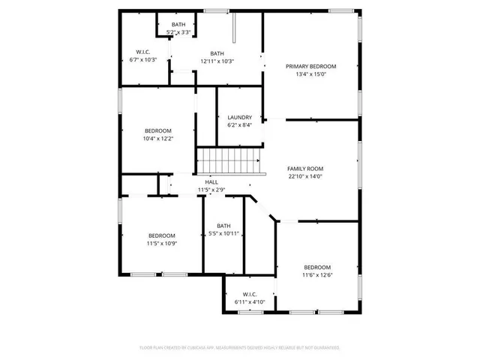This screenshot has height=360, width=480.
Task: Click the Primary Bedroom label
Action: click(310, 66)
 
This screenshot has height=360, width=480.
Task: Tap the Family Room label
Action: click(305, 169)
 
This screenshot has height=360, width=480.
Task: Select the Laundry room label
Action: click(239, 117)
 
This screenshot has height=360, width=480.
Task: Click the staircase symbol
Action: click(228, 160)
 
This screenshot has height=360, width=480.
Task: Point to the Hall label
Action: click(211, 182)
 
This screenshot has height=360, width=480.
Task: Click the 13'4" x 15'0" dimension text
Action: click(310, 74)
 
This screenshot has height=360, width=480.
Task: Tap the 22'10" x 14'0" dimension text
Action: click(304, 177)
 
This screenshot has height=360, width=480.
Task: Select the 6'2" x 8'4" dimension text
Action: click(239, 124)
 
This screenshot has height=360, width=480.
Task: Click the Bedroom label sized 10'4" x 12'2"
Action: click(157, 130)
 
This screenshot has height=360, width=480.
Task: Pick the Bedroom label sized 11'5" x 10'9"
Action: click(161, 235)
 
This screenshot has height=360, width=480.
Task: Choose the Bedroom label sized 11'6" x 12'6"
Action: click(316, 267)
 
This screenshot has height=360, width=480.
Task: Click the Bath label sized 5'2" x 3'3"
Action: click(178, 25)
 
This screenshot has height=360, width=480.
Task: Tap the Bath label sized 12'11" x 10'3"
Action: click(217, 53)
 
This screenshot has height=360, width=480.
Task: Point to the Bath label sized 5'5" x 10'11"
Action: click(223, 226)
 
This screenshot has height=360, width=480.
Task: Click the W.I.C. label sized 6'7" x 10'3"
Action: click(142, 52)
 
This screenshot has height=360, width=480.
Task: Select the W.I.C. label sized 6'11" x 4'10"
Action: click(250, 294)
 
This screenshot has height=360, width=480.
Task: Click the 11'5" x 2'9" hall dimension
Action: click(211, 190)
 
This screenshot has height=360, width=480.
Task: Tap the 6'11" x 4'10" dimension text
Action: click(250, 301)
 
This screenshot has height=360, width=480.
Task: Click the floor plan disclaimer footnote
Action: click(240, 348)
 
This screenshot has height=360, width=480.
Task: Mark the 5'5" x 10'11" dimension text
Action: click(223, 234)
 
